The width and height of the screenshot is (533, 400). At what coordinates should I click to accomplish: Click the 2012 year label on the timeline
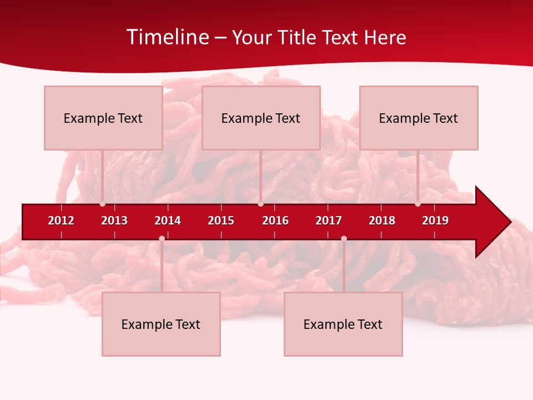click(x=61, y=221)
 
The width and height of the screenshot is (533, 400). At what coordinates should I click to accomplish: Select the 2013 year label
click(x=114, y=221)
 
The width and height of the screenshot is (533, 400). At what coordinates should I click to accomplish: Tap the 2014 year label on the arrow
click(x=168, y=221)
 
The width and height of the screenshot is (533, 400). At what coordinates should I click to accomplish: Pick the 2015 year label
click(x=221, y=221)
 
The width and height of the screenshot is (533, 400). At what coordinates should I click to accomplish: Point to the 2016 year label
click(x=275, y=221)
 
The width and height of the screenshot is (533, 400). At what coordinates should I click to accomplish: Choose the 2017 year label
click(x=329, y=221)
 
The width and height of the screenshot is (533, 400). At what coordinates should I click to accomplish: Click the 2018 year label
click(x=382, y=221)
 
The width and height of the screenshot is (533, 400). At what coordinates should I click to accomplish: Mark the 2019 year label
click(x=435, y=221)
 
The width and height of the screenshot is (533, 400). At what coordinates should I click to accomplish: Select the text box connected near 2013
click(x=103, y=118)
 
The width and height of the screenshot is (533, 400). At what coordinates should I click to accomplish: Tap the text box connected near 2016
click(x=261, y=118)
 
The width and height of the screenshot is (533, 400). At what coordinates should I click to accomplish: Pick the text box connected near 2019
click(x=419, y=118)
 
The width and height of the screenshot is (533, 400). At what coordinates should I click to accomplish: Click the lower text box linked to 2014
click(x=161, y=324)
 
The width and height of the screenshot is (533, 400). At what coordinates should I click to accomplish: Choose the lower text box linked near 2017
click(x=343, y=324)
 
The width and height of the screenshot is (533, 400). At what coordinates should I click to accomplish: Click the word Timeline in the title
click(x=168, y=37)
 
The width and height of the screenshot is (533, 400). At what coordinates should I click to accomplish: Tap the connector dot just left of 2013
click(x=103, y=204)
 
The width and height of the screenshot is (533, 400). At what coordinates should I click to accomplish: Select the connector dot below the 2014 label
click(x=162, y=238)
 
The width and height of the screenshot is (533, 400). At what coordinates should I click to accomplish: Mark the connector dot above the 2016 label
click(x=261, y=204)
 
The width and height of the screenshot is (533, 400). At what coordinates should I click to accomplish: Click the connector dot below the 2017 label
click(x=344, y=238)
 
